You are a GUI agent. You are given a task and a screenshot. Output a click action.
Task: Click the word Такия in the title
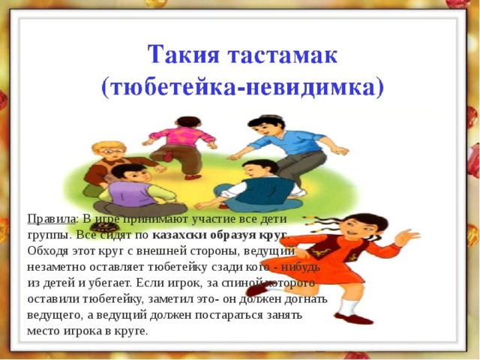pos(183,55)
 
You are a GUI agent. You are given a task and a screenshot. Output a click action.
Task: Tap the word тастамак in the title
pos(282,55)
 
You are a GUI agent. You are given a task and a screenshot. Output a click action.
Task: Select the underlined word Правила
pos(51,219)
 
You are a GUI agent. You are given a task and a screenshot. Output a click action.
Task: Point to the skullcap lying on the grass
pos(105,226)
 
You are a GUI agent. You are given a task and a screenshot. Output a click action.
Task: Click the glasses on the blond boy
pos(112,151)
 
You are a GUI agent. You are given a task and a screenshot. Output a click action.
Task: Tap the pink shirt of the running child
pos(181,135)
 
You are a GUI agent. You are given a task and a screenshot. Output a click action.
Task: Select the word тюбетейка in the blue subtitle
pos(173,88)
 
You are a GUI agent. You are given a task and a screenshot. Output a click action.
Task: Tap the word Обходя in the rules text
pos(47,250)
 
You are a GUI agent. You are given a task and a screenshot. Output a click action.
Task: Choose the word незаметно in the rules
pos(56,267)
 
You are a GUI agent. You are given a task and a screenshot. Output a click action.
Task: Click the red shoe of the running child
pos(193,177)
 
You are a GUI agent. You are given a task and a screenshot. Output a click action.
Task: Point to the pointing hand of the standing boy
pos(235,157)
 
